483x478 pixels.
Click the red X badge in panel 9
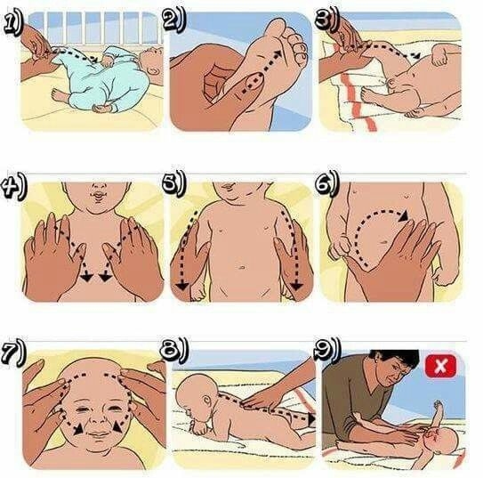[440, 366]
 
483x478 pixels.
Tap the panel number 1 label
[13, 24]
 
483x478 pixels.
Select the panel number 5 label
[173, 183]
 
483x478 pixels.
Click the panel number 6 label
[327, 184]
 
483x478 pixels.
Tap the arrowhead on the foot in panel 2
[278, 54]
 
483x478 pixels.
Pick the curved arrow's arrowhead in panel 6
[403, 215]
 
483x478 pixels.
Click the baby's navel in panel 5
[241, 267]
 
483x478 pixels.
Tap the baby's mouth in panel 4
[99, 195]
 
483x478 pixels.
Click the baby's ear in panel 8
[207, 401]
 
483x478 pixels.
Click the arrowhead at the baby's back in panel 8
[311, 419]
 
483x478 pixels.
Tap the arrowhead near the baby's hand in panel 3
[416, 56]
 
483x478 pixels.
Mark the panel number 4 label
[14, 186]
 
